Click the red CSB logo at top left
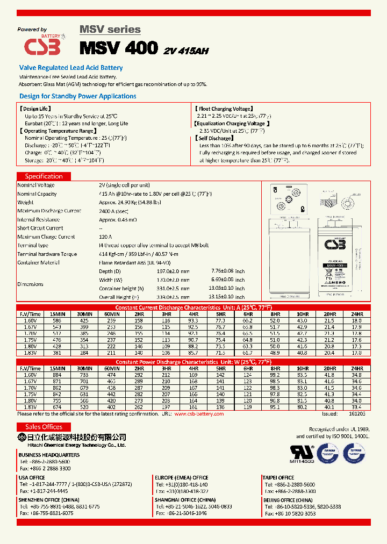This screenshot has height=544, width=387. (x=42, y=46)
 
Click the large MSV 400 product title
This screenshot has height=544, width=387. (x=119, y=48)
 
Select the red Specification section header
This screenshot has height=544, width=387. (x=44, y=176)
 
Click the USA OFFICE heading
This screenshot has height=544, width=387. (x=31, y=477)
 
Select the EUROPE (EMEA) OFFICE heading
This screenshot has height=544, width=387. (x=181, y=477)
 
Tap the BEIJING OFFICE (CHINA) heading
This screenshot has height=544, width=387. (x=286, y=500)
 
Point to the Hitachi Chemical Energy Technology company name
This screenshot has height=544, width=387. (x=72, y=446)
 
